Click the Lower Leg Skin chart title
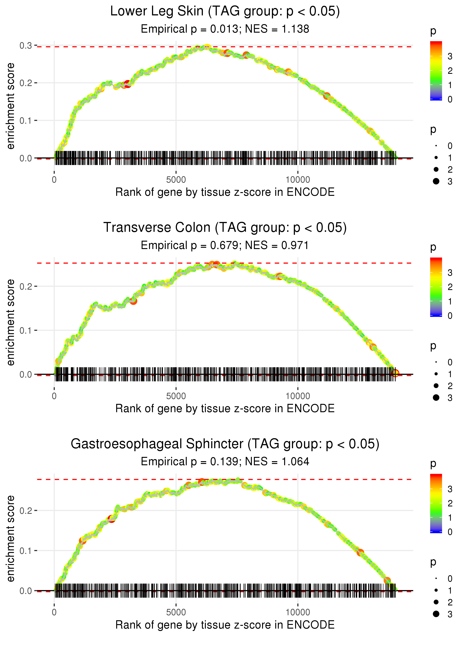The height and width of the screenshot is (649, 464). (225, 11)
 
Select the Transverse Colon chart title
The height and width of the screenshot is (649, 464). (225, 228)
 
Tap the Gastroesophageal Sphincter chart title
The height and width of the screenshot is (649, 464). (225, 444)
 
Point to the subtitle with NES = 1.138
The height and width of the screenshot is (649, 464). (225, 29)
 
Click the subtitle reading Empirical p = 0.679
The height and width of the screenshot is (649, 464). (225, 246)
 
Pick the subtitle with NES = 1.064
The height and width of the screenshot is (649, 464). (225, 462)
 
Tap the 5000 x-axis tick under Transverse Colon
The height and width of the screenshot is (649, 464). (176, 396)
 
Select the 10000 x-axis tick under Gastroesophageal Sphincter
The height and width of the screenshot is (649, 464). (298, 612)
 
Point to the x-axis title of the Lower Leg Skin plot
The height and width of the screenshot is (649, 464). (225, 192)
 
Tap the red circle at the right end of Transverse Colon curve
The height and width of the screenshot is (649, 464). (395, 373)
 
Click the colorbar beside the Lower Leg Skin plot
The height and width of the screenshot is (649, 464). (436, 71)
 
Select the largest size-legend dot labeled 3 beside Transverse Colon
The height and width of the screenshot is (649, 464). (436, 398)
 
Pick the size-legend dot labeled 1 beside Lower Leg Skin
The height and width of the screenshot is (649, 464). (436, 158)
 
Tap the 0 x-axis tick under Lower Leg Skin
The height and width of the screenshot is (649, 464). (54, 180)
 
